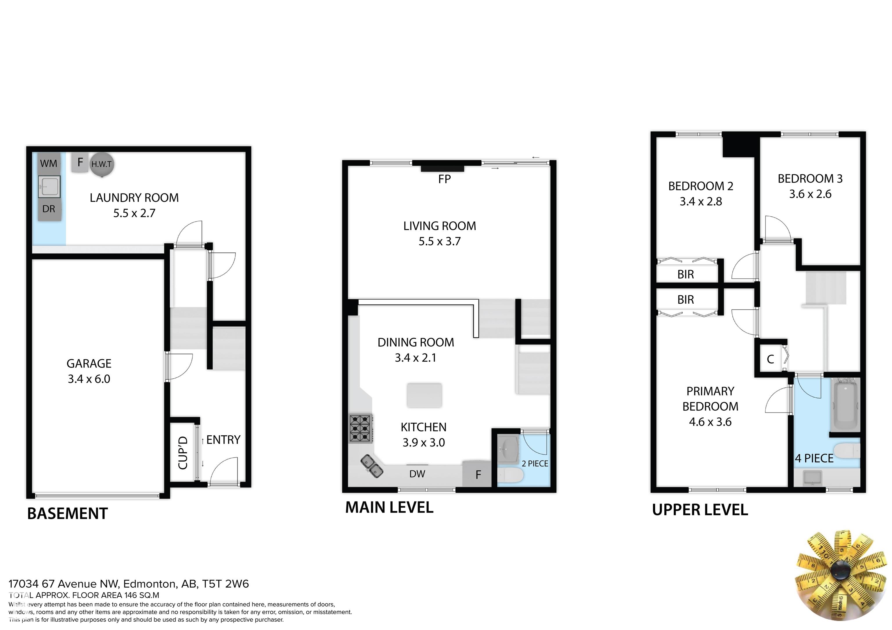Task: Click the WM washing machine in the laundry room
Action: point(49,163)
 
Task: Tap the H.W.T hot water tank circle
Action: point(102,164)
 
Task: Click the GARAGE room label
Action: point(89,363)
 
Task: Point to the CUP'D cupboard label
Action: point(183,452)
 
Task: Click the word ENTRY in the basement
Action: point(223,440)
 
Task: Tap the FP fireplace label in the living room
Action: point(445,179)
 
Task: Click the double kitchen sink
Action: point(372,466)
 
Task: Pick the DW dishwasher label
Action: point(417,474)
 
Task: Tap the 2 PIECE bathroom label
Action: point(535,464)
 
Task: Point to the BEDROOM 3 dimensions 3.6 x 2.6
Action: point(810,194)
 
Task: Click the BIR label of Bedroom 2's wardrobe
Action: point(686,274)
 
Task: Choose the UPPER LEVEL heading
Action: point(700,510)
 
